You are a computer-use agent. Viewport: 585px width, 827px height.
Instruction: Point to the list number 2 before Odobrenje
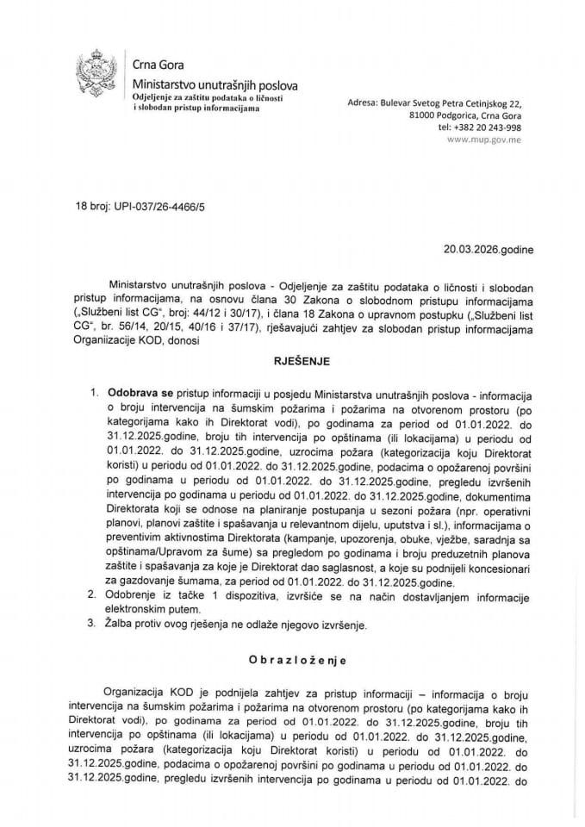pos(92,594)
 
